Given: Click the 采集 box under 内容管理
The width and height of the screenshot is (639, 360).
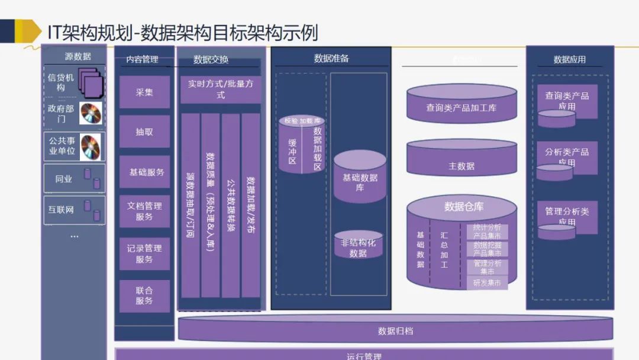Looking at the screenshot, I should click(144, 92).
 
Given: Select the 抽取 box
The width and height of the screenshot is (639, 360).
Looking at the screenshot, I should click(144, 131).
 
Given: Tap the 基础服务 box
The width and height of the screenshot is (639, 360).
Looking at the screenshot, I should click(144, 172).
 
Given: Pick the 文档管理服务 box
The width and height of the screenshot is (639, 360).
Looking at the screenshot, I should click(144, 211).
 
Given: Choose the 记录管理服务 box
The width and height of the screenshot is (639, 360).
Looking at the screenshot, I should click(144, 253).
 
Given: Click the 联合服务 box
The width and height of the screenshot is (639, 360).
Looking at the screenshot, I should click(144, 295).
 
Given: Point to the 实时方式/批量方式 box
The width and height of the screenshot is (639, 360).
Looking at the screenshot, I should click(220, 89).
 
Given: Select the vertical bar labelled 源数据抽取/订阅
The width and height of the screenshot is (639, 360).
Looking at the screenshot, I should click(191, 205).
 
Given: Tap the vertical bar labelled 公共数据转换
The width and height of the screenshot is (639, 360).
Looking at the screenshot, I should click(231, 205).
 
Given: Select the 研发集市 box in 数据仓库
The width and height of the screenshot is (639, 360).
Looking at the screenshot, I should click(487, 283).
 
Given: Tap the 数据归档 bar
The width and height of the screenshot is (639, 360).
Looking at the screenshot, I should click(395, 330).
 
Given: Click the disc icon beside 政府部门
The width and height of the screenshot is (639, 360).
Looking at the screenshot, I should click(91, 113).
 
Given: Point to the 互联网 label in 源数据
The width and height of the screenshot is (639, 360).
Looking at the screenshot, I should click(61, 210).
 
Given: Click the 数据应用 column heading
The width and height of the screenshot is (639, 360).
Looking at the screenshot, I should click(569, 59).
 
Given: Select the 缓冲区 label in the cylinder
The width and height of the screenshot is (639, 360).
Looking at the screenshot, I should click(292, 151).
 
